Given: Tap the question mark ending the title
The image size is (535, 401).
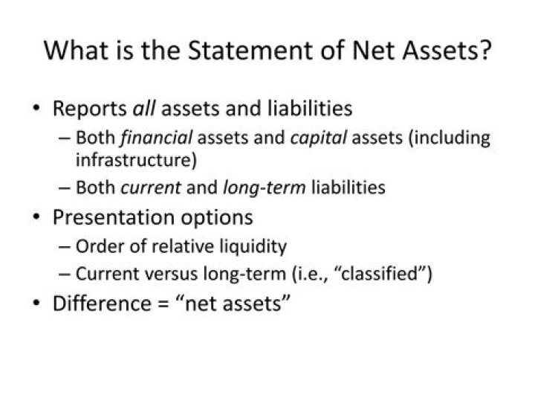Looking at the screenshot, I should point(484,51).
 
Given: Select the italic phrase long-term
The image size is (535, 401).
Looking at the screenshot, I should point(264,187).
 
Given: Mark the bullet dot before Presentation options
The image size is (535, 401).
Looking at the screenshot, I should point(36,218).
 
